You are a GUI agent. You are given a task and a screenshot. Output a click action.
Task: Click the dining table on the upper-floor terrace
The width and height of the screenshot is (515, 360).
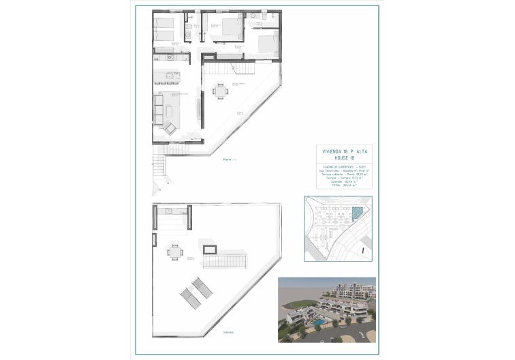click(x=220, y=90)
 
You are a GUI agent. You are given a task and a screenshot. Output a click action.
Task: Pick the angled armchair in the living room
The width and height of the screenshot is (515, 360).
click(x=170, y=127)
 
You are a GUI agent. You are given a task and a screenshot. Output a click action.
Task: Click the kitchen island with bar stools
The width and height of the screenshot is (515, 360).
click(x=168, y=75)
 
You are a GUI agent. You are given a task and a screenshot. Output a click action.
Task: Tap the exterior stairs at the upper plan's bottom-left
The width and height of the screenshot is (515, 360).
click(x=159, y=166)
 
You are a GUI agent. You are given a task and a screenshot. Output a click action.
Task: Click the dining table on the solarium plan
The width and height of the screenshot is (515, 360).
click(x=175, y=252)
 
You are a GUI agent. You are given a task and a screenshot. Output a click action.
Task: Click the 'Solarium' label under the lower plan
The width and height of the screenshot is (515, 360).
click(x=228, y=333)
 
